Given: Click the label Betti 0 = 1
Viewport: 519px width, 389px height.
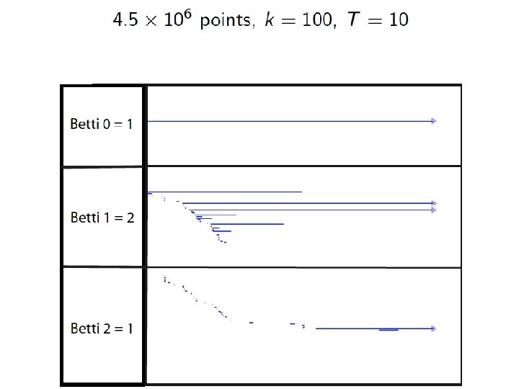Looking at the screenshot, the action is (x=102, y=124).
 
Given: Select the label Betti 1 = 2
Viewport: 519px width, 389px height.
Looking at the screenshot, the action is (x=102, y=218).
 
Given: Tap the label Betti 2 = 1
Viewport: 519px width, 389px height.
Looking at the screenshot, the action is (x=102, y=328).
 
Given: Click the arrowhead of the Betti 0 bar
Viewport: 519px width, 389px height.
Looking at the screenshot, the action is (x=434, y=121).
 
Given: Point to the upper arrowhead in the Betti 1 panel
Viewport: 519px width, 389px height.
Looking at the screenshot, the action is (x=434, y=203).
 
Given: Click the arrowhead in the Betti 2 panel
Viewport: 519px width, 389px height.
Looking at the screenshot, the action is (x=434, y=328).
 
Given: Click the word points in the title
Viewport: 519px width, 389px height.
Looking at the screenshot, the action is (x=226, y=21).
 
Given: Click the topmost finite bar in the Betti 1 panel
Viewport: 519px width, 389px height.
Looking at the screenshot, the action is (x=223, y=192).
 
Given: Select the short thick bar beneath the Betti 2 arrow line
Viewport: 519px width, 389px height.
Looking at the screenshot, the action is (x=389, y=331).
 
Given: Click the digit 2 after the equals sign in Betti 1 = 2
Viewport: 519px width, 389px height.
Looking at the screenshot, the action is (x=130, y=218).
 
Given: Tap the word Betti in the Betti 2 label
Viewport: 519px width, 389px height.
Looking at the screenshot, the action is (x=85, y=328).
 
